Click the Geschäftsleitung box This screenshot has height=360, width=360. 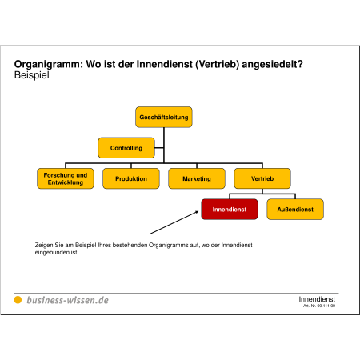pos(164,117)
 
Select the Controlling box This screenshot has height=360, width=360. pos(126,148)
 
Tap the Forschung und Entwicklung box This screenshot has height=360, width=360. pos(66,178)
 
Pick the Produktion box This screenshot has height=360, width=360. pos(131,178)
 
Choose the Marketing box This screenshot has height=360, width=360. pos(197,178)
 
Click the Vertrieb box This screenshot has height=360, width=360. pos(262,178)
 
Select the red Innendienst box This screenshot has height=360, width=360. pos(230,210)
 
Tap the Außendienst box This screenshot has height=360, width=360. pos(295,210)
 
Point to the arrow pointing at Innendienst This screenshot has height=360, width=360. pos(174,222)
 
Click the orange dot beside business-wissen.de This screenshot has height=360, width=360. pos(18,300)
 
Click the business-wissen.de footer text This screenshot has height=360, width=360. pos(68,300)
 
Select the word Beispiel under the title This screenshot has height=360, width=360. pos(32,75)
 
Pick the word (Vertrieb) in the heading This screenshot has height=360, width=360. pos(218,64)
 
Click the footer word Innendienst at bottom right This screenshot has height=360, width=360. pos(317,299)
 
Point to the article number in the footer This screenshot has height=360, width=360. pos(319,306)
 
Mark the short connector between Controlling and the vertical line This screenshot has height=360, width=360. pos(159,148)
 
